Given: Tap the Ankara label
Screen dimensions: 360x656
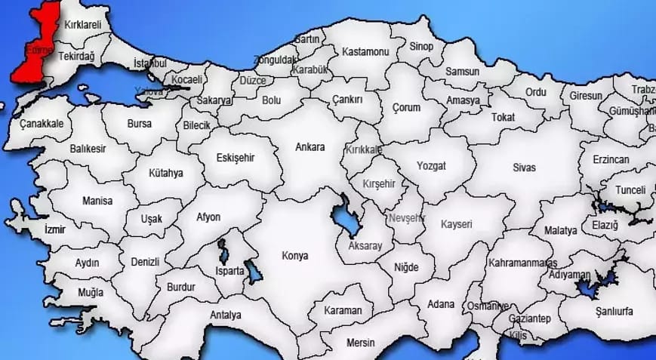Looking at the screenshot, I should tap(311, 146).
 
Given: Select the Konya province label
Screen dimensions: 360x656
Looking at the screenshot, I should tap(294, 255).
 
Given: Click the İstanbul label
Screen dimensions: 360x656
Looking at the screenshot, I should tap(149, 63).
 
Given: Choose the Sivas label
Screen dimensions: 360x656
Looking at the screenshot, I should tap(523, 167).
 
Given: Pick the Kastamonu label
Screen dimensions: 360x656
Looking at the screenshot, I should tap(365, 52).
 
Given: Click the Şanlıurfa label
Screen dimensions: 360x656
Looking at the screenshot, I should tap(614, 311).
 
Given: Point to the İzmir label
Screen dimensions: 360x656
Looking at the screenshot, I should tap(55, 229).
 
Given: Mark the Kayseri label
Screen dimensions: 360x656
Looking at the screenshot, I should tap(456, 224).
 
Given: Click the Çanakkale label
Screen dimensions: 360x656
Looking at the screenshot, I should tap(42, 123).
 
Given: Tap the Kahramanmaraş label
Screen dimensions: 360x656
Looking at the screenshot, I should tap(522, 263).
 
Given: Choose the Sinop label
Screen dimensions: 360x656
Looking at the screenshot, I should tap(421, 47).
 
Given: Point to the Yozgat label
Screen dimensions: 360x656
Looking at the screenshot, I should tap(431, 165).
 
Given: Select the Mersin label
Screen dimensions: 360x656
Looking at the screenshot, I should tap(360, 342).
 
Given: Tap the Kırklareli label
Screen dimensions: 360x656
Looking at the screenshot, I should tap(83, 25).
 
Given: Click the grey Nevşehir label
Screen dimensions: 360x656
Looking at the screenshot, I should tap(408, 218).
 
